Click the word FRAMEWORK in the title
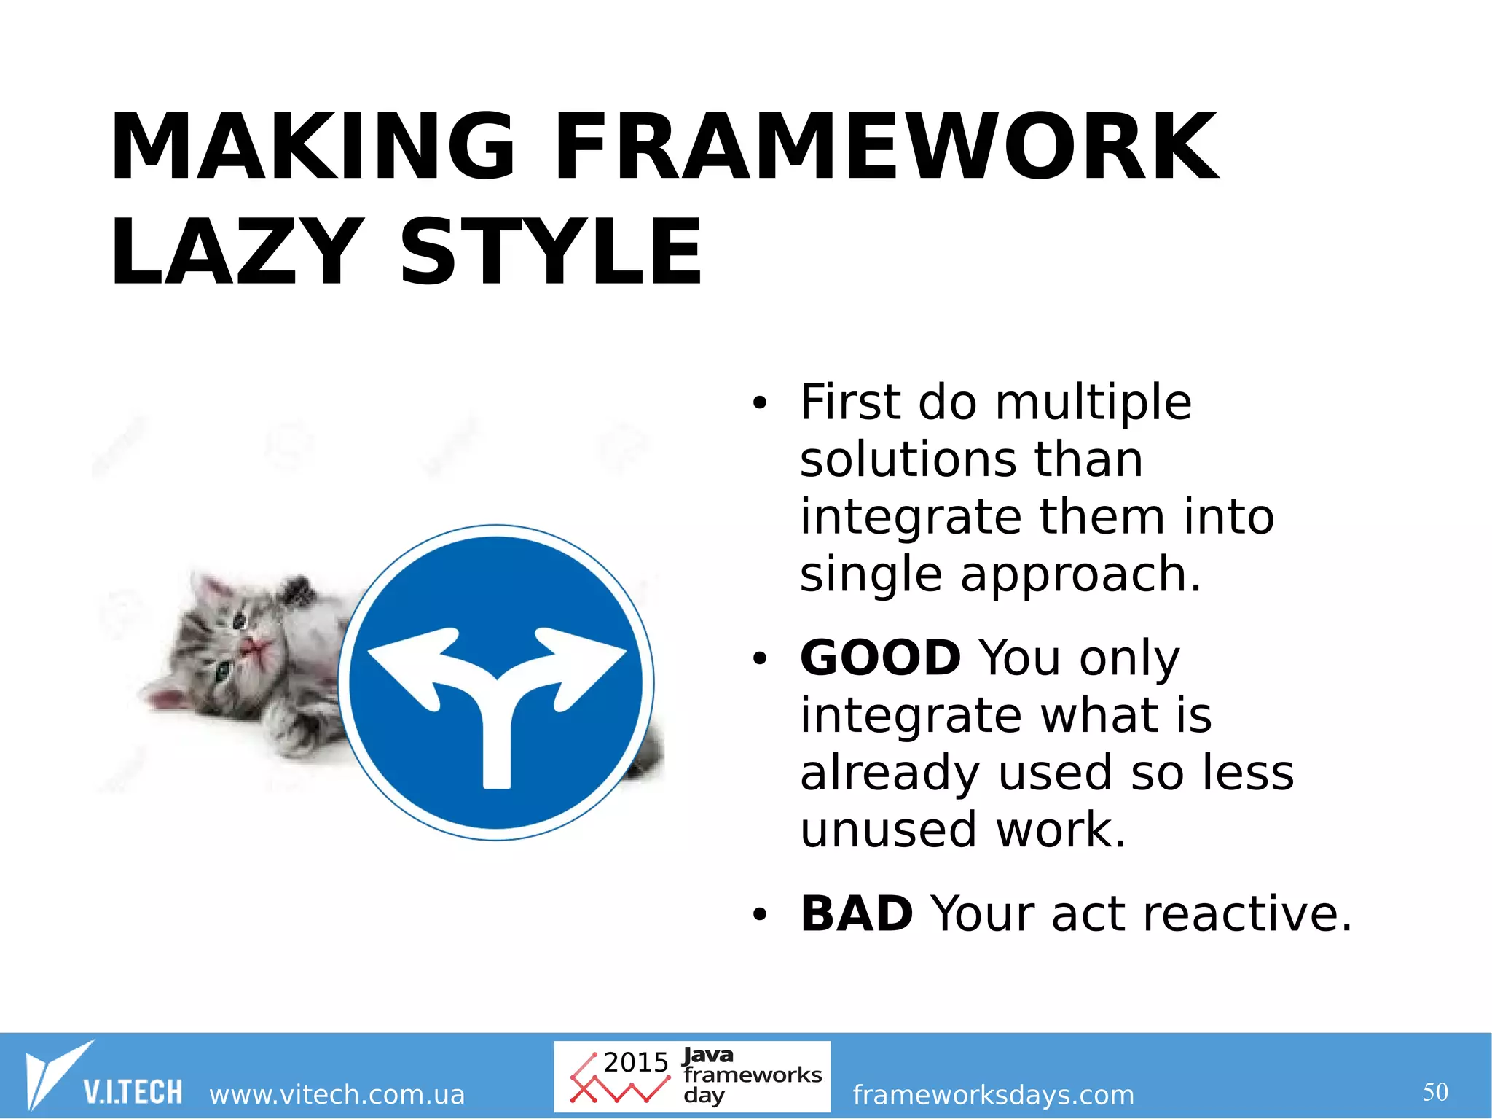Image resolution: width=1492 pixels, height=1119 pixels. [885, 148]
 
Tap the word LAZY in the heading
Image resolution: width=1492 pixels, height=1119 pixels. [235, 254]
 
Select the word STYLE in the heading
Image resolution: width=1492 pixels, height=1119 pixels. [551, 254]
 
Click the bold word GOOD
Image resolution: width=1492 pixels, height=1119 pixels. [880, 658]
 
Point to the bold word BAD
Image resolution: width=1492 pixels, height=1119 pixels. [856, 913]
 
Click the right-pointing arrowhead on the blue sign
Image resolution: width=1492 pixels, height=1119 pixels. [586, 656]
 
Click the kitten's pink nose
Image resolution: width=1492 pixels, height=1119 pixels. [252, 646]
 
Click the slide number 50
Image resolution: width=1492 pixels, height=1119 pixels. [1434, 1092]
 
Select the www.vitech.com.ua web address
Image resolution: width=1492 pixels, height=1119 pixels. [337, 1094]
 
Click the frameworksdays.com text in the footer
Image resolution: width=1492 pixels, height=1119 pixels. [993, 1094]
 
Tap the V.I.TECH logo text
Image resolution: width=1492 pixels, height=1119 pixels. [133, 1092]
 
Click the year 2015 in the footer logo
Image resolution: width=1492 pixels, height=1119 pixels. [635, 1062]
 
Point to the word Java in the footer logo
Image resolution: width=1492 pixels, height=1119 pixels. [708, 1055]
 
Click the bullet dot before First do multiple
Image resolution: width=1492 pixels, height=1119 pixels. [760, 402]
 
